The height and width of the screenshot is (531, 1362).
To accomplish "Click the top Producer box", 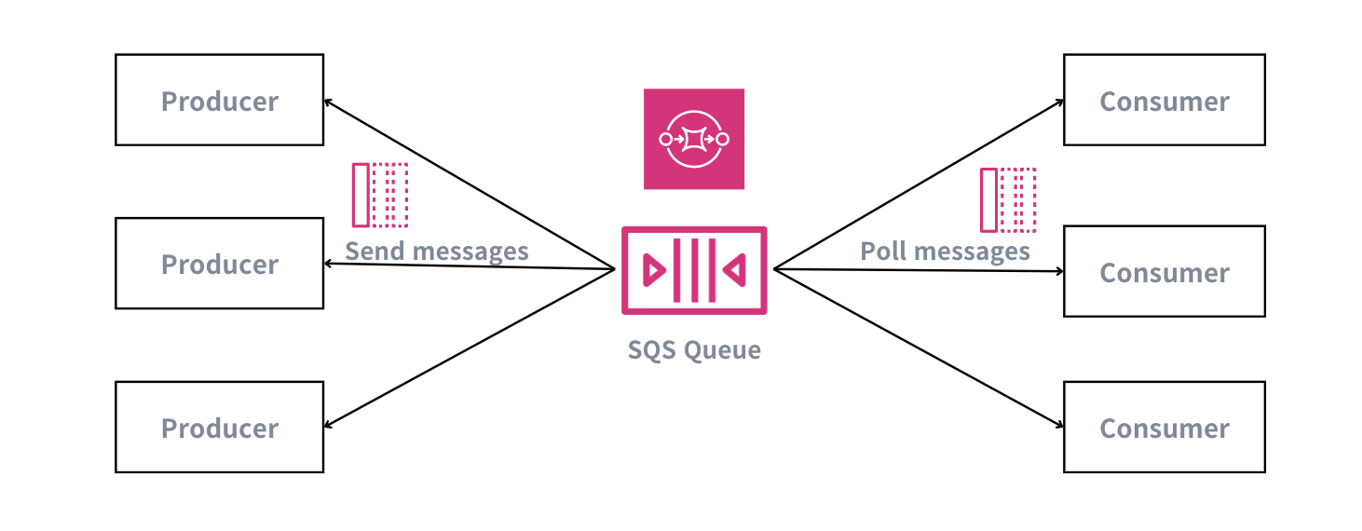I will coord(219,100).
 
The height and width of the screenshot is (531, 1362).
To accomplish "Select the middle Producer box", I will coord(219,264).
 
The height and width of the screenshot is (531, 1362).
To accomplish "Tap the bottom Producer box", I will coord(219,428).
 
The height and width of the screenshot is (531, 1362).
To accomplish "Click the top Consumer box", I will coord(1164,100).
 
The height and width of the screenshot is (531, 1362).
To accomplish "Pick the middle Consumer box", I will coord(1164,272).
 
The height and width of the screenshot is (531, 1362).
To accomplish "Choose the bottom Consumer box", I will coord(1164,428).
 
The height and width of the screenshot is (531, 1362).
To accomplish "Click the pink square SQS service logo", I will coord(694,139).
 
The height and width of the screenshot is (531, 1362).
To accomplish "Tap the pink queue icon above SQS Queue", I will coord(694,270).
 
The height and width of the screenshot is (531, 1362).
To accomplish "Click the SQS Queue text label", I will coord(694,350).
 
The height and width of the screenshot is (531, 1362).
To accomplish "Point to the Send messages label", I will coord(436,252).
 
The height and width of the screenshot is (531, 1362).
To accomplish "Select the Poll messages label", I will coord(945,252).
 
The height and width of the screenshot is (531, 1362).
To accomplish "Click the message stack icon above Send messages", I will coord(380,195).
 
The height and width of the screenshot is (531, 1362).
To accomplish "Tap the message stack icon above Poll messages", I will coord(1008,199).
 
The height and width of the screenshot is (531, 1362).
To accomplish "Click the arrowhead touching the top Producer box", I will coord(328,102).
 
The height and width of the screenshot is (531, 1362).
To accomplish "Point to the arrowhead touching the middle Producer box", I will coord(328,265).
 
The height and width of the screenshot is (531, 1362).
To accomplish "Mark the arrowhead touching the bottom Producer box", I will coord(328,426).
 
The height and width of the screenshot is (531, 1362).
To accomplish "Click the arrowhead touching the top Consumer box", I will coord(1059,102).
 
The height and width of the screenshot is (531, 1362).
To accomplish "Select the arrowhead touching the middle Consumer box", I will coord(1059,272).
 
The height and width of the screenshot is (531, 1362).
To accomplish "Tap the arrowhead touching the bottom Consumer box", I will coord(1059,426).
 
